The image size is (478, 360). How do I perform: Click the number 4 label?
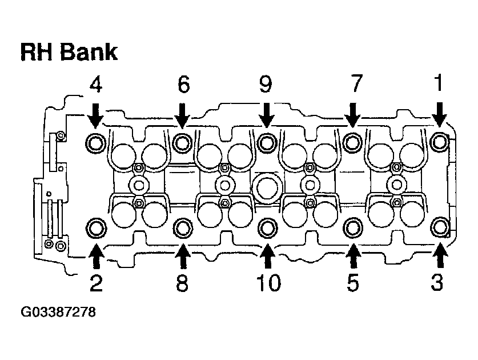click(x=95, y=85)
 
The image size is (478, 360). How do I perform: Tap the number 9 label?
click(x=266, y=85)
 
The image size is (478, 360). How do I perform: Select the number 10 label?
click(x=267, y=283)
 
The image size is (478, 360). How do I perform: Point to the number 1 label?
click(x=439, y=85)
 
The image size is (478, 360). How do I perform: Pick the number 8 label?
click(x=182, y=283)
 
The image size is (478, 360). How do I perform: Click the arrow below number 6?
click(x=182, y=114)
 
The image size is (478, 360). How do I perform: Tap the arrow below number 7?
click(x=353, y=114)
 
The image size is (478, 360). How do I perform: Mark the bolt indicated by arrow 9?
click(x=266, y=141)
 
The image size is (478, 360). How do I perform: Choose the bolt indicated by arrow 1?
click(x=439, y=141)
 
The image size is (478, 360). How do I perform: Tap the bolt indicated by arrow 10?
click(x=267, y=228)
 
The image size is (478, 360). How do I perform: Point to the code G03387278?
click(x=58, y=313)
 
